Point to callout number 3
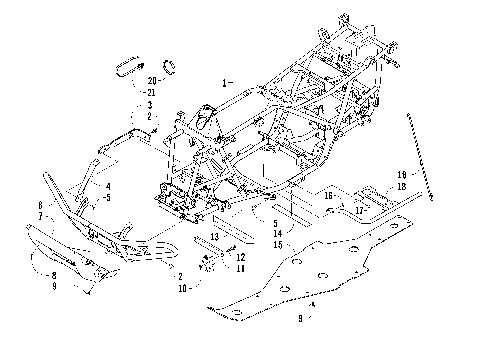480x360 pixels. point(148,104)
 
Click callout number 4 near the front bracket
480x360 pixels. point(108,186)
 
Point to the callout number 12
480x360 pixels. point(240,257)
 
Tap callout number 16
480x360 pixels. point(327,198)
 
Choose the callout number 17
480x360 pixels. point(358,210)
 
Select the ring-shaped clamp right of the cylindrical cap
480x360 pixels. point(171,68)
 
